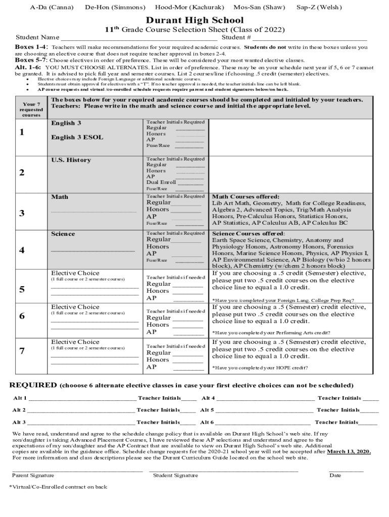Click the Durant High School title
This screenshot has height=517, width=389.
(194, 21)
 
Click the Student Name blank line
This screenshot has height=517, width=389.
(138, 38)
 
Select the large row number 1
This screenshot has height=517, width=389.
(22, 133)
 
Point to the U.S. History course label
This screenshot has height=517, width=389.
(71, 160)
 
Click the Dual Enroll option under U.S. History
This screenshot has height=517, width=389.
(161, 182)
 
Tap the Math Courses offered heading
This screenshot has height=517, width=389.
(246, 197)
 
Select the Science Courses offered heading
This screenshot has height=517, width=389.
(248, 234)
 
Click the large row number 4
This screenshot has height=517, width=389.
(22, 250)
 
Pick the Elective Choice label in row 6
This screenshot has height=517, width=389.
(75, 307)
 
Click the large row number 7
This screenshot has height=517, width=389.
(22, 351)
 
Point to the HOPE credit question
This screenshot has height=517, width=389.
(260, 368)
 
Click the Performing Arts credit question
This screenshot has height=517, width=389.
(271, 333)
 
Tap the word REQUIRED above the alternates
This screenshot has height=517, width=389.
(33, 385)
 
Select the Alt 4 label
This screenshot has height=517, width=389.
(208, 398)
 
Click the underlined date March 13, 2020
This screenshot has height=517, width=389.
(349, 452)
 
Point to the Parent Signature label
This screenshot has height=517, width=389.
(33, 476)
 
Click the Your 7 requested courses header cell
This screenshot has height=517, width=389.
(31, 109)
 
